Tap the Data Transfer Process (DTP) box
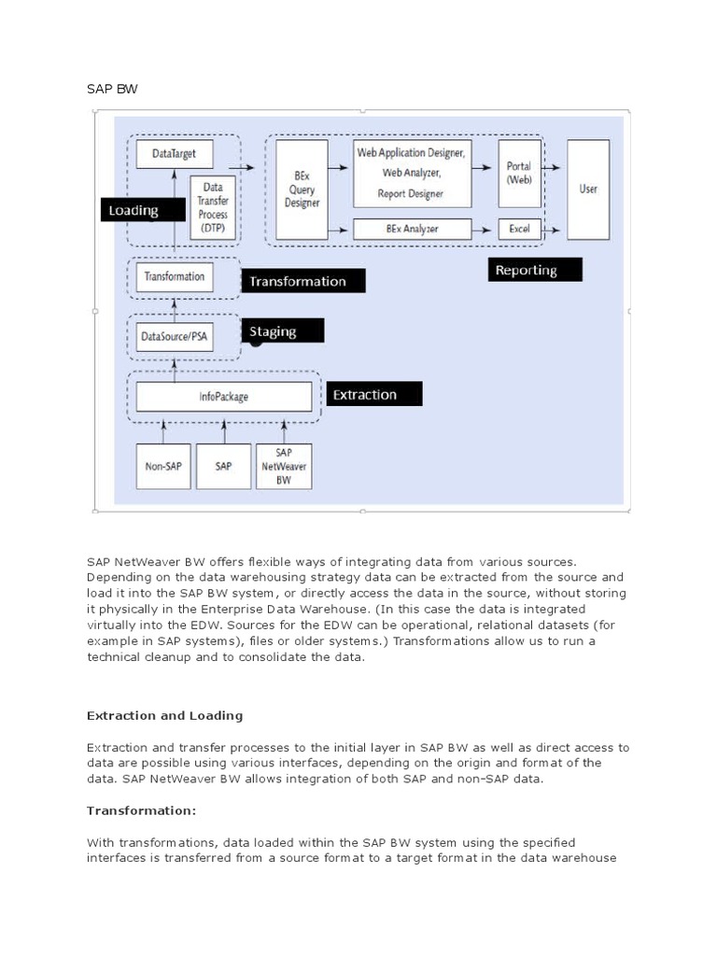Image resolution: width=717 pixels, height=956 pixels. (x=212, y=201)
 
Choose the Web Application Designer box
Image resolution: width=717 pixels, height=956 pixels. (x=411, y=173)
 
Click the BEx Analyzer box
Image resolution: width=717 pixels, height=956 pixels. (x=411, y=228)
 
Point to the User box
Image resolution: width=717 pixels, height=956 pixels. (x=588, y=190)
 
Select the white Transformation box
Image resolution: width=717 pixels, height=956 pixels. (x=175, y=277)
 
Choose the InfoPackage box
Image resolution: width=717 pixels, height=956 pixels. (x=224, y=397)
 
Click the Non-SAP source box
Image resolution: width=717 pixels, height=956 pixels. (x=163, y=465)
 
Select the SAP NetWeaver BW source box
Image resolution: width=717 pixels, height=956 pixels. (x=284, y=465)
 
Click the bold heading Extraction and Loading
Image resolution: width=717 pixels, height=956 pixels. (x=164, y=715)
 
